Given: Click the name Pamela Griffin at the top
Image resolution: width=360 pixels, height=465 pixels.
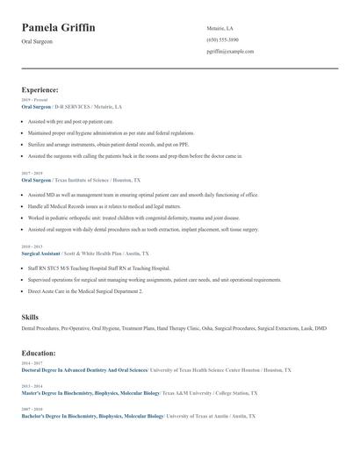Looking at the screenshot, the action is [59, 28].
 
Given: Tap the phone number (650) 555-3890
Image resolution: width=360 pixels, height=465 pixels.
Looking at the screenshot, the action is [222, 39].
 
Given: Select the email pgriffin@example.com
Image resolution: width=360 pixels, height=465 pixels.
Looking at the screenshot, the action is [230, 51].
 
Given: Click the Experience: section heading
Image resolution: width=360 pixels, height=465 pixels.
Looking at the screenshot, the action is [40, 89].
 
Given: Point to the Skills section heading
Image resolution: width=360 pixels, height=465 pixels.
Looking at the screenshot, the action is [30, 317].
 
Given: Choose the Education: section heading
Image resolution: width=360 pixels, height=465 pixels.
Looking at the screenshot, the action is [39, 353].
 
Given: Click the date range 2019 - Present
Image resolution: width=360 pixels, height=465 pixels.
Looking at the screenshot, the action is [34, 100].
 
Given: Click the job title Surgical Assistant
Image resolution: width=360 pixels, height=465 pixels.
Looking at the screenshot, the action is [40, 253].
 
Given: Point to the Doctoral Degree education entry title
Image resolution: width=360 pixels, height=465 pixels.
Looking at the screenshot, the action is [84, 370].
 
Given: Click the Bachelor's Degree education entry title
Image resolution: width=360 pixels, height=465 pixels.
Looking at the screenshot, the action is [92, 416].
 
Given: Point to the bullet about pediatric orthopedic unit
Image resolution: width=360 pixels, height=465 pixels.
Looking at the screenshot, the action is [133, 218].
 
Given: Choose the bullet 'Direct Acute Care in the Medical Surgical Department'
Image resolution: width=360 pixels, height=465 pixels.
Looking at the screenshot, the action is [84, 290].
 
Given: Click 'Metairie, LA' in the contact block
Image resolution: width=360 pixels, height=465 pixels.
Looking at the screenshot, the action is [220, 28].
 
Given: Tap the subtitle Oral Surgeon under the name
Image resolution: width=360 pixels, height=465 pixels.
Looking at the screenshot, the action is [37, 41].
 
